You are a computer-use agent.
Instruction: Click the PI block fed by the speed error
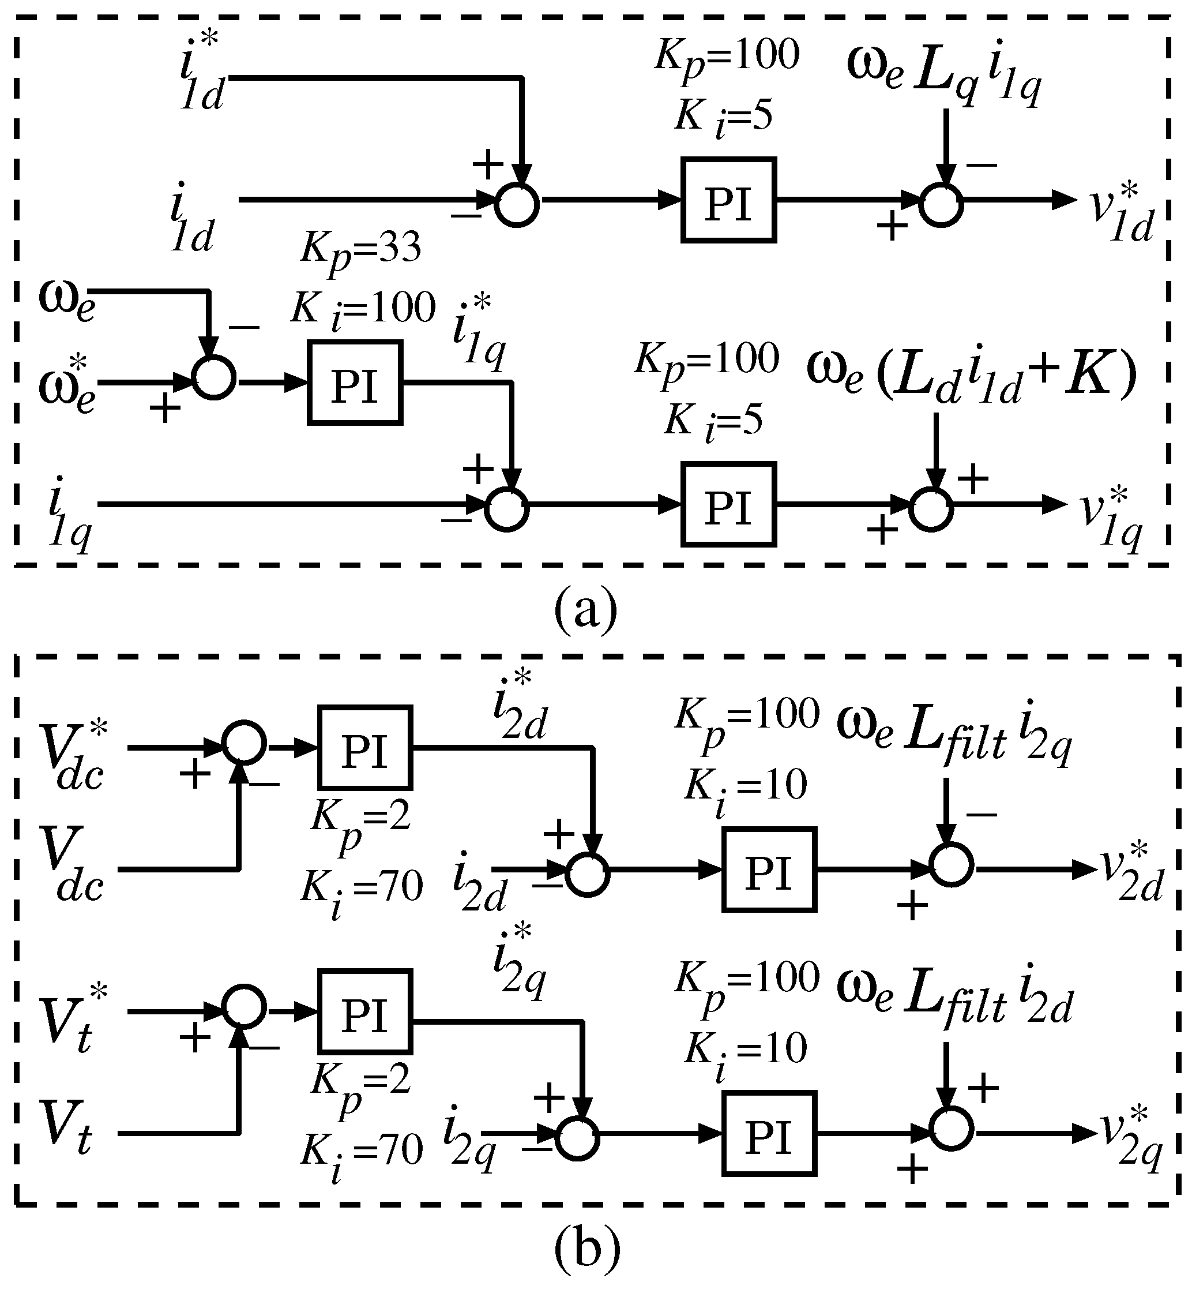[x=355, y=383]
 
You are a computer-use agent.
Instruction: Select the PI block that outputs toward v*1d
[x=729, y=201]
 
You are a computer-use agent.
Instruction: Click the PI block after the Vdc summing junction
[x=365, y=748]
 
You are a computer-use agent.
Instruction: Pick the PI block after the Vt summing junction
[x=365, y=1011]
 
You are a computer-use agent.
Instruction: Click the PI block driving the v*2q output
[x=769, y=1134]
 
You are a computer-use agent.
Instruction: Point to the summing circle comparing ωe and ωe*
[x=214, y=378]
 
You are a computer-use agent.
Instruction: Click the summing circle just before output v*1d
[x=941, y=205]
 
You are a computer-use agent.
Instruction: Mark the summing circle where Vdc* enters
[x=244, y=743]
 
